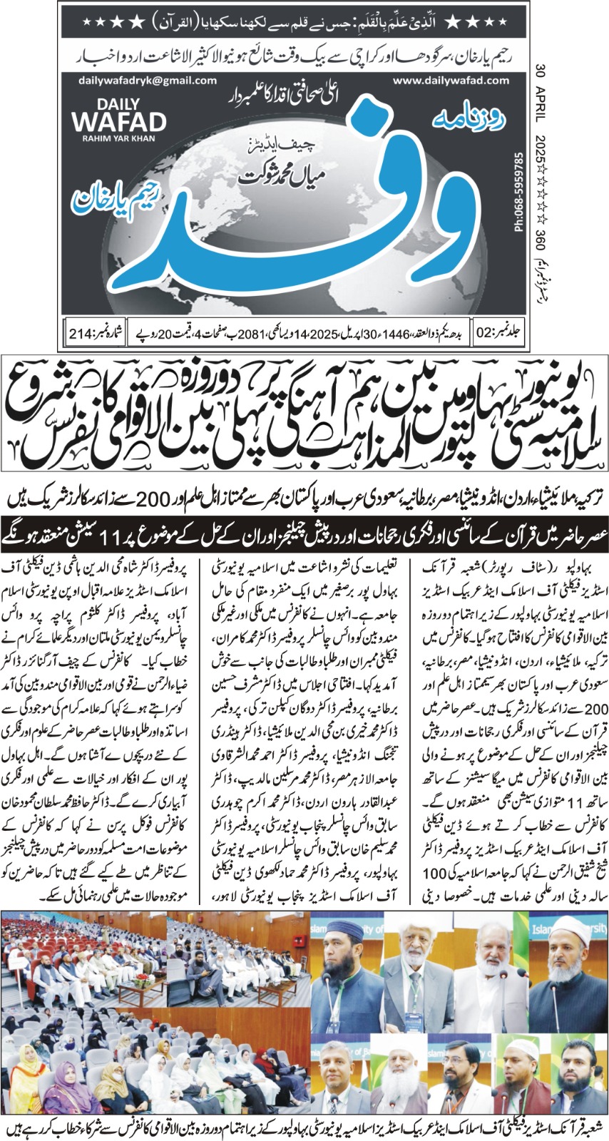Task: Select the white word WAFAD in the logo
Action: click(x=119, y=122)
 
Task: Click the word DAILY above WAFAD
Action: click(x=119, y=103)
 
